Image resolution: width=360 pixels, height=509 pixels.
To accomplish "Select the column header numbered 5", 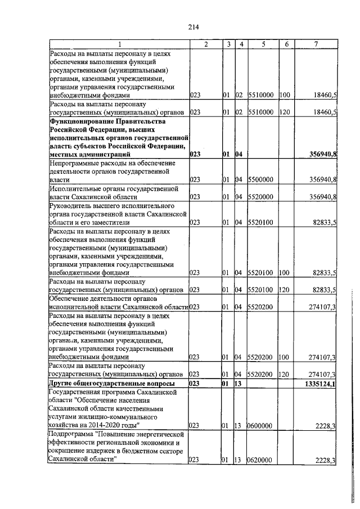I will (x=262, y=44).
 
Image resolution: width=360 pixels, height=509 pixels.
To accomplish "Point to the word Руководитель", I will (x=70, y=206).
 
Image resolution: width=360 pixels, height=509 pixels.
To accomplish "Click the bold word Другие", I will (x=62, y=384).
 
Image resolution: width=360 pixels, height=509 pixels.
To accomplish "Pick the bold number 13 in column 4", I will (x=238, y=384).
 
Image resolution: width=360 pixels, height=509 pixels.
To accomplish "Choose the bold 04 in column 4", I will (x=238, y=154).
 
